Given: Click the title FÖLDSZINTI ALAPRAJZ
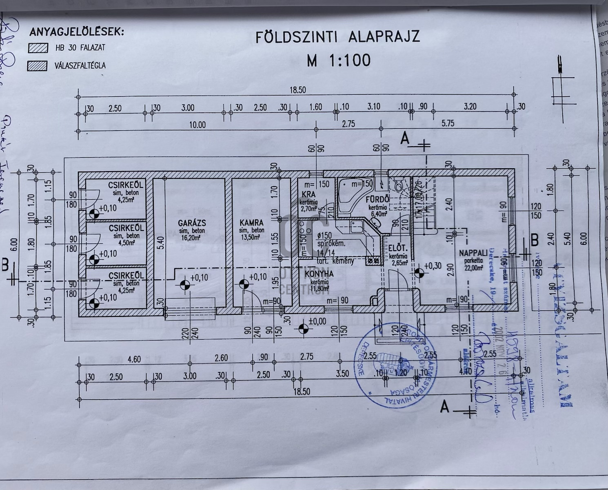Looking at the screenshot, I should pyautogui.click(x=337, y=37).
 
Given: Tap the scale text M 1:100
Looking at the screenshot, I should pyautogui.click(x=339, y=60).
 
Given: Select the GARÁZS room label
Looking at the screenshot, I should pyautogui.click(x=192, y=223).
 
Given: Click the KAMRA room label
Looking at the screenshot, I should pyautogui.click(x=251, y=223).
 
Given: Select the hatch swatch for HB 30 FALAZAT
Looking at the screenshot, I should pyautogui.click(x=38, y=48).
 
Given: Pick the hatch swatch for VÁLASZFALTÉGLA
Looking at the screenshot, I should pyautogui.click(x=38, y=65).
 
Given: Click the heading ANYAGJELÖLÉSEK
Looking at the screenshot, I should pyautogui.click(x=76, y=32).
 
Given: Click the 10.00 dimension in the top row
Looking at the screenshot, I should pyautogui.click(x=197, y=125).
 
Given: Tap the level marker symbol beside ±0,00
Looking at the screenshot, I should pyautogui.click(x=303, y=328).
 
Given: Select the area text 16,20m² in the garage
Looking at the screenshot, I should pyautogui.click(x=192, y=236).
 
